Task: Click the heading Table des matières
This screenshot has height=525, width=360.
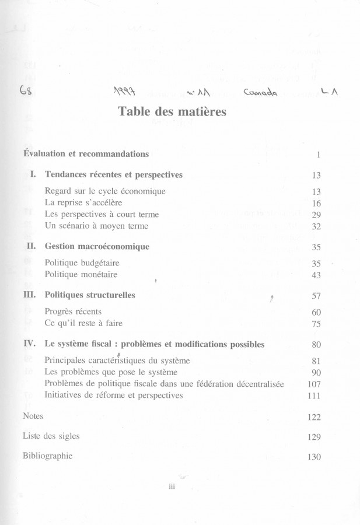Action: [180, 111]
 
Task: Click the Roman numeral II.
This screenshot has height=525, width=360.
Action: [33, 247]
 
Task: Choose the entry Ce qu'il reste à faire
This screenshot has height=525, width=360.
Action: [83, 323]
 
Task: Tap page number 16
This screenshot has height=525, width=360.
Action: [317, 204]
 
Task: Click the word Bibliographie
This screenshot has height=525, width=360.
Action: [47, 456]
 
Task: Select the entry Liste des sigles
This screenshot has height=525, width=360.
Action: [51, 436]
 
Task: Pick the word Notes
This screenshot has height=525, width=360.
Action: [33, 416]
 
